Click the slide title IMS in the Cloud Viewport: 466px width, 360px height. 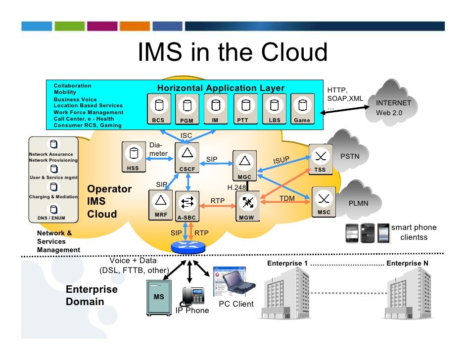pyautogui.click(x=233, y=52)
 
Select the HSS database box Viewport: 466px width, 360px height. pyautogui.click(x=133, y=157)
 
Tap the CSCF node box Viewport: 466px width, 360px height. pyautogui.click(x=187, y=157)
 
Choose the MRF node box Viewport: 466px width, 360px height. pyautogui.click(x=160, y=204)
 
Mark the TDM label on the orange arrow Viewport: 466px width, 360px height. pyautogui.click(x=287, y=198)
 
